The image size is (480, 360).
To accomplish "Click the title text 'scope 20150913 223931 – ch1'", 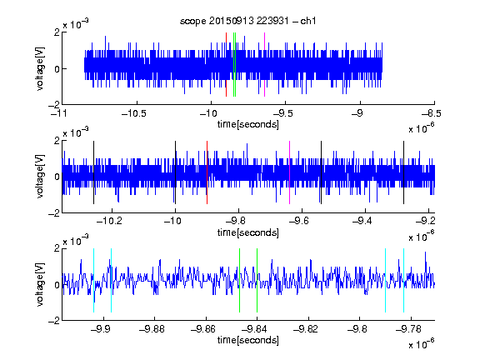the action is [248, 21].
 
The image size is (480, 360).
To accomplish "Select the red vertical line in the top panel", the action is [226, 65].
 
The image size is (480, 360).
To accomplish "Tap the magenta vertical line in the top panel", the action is [264, 65].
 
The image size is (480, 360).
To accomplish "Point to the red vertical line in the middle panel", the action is [207, 172].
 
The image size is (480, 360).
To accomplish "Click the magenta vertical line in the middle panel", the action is [289, 172].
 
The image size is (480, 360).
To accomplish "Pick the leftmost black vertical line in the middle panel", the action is [93, 172].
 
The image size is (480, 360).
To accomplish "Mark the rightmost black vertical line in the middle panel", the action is [403, 172].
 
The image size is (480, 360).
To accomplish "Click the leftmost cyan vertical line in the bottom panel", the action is [93, 280].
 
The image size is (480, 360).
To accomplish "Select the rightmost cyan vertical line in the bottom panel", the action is [403, 280].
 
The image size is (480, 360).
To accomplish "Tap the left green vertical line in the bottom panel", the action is [239, 280].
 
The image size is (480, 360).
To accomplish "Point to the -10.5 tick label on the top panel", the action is [134, 114].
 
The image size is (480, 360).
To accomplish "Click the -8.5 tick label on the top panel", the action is [431, 114].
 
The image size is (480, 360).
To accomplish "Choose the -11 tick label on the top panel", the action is [59, 114].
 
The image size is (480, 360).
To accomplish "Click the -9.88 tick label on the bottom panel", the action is [152, 329].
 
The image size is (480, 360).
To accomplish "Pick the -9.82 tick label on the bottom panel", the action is [306, 329].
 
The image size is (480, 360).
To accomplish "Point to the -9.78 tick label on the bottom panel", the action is [408, 329].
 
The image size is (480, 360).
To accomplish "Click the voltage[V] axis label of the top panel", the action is [40, 68].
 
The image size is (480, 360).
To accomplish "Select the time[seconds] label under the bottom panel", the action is [248, 340].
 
